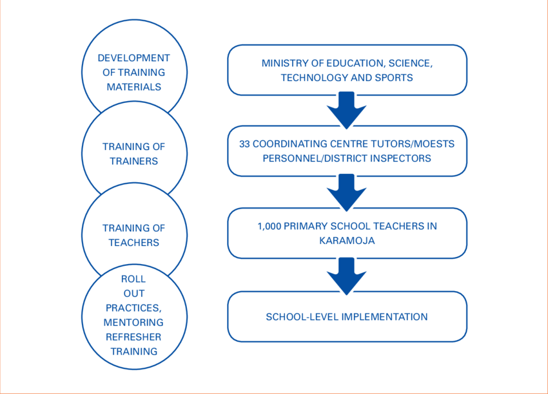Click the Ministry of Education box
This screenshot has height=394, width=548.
pos(347,70)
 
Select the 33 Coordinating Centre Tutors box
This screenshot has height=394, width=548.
pos(347,151)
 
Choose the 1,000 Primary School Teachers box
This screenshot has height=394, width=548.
pos(347,232)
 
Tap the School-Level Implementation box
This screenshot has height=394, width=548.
pos(347,317)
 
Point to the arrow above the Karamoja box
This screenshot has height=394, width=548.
pos(347,192)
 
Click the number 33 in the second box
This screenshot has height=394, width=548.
pos(244,144)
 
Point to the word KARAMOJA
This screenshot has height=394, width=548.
pos(347,240)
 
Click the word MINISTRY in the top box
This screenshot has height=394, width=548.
pos(283,63)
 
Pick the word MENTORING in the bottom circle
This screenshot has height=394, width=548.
pos(133,322)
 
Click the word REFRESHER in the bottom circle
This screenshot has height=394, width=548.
pos(133,337)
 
